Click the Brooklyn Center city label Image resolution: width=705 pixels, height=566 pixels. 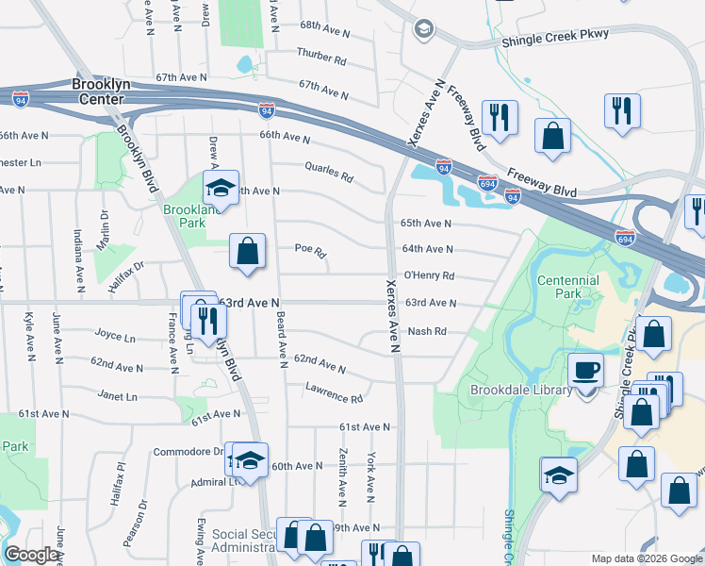click(100, 91)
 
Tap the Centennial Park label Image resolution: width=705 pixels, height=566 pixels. click(567, 287)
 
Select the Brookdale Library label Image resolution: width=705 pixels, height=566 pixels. click(521, 390)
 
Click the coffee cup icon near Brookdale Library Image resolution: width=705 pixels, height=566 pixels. click(586, 371)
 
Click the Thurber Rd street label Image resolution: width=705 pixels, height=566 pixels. click(321, 57)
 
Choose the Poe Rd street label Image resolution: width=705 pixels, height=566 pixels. click(310, 253)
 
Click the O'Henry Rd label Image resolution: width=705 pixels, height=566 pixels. click(429, 276)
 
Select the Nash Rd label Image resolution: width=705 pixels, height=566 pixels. click(426, 331)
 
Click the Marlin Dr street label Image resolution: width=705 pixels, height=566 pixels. click(104, 225)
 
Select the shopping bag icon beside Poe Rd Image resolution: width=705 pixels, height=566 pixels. click(247, 252)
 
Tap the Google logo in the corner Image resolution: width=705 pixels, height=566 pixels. click(30, 555)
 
